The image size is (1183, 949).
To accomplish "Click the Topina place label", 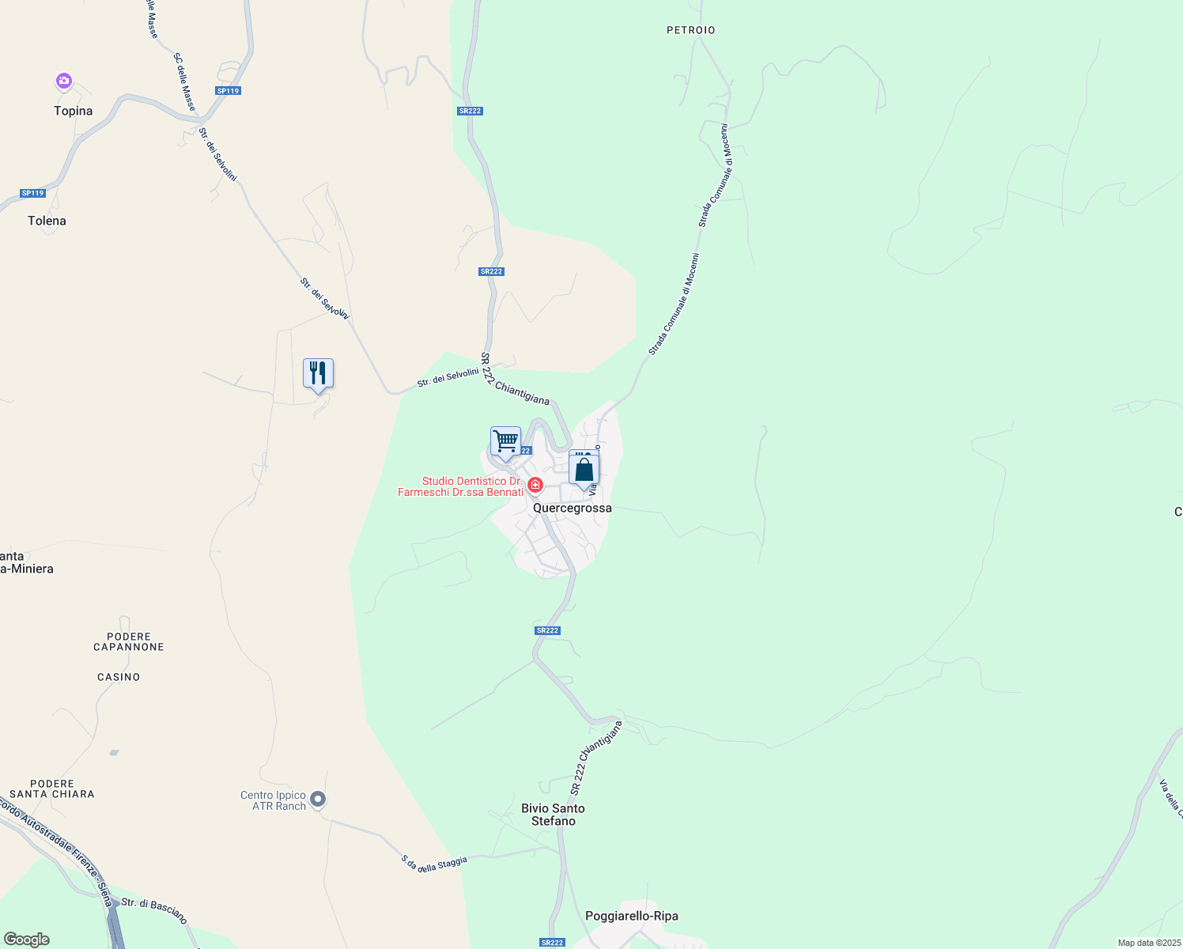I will [x=73, y=112].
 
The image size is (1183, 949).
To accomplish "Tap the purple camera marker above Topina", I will [x=64, y=81].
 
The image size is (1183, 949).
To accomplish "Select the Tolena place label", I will [x=47, y=221].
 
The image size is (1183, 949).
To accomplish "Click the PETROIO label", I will [x=690, y=30].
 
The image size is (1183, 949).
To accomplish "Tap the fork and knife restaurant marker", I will [x=318, y=373].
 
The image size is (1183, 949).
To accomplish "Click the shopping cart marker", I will [x=505, y=441].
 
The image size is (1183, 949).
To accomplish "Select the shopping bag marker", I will [x=584, y=470].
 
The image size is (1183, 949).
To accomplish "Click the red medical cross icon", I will [x=535, y=484].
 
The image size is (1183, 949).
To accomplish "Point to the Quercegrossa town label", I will [x=573, y=509].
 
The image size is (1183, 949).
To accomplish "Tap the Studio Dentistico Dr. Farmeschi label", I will [x=461, y=486].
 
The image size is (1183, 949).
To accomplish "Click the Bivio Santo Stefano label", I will [x=553, y=815].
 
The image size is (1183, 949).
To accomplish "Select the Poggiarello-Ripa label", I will [x=631, y=917].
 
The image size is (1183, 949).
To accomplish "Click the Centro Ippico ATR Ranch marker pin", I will [x=318, y=800].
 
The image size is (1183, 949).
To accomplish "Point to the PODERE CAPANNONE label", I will [x=129, y=641].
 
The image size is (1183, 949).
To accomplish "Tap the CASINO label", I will [x=119, y=677].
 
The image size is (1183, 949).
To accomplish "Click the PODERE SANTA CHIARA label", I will [x=52, y=788].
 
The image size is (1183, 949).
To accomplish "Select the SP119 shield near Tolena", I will [x=33, y=193].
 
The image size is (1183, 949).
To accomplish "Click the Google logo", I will [x=26, y=940].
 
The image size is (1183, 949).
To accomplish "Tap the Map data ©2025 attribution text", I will [x=1148, y=943].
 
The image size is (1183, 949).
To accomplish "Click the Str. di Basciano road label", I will [x=155, y=911].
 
